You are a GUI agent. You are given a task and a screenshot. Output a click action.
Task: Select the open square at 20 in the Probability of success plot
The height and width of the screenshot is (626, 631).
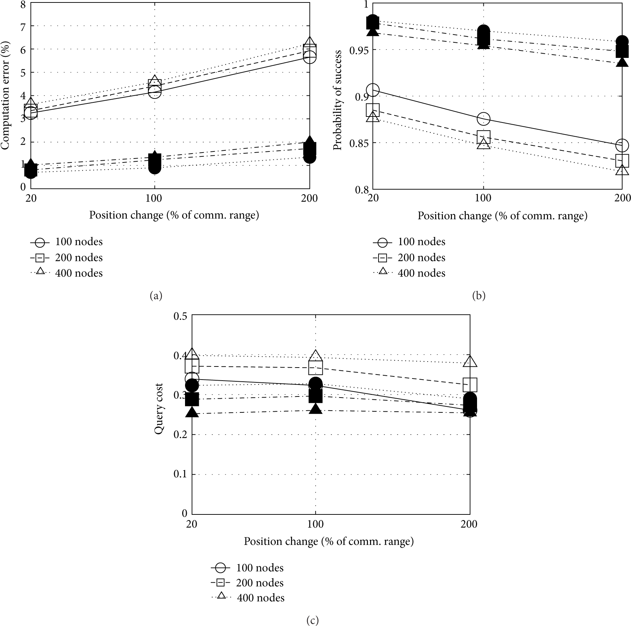pyautogui.click(x=373, y=110)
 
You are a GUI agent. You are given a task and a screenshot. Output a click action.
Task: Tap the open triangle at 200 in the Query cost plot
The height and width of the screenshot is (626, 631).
pyautogui.click(x=470, y=361)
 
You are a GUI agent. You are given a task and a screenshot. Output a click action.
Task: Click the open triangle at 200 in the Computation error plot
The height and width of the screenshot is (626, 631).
pyautogui.click(x=310, y=42)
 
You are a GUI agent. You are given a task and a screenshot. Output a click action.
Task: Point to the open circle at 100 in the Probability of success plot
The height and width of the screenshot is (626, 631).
pyautogui.click(x=483, y=119)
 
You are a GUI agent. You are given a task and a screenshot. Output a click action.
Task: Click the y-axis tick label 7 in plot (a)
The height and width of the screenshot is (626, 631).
pyautogui.click(x=23, y=26)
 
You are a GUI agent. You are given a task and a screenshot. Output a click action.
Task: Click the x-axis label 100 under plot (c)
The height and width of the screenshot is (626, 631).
pyautogui.click(x=315, y=524)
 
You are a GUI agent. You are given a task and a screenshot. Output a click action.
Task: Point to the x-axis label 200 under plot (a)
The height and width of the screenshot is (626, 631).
pyautogui.click(x=309, y=198)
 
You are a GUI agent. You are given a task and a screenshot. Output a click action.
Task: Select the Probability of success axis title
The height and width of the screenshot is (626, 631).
pyautogui.click(x=338, y=100)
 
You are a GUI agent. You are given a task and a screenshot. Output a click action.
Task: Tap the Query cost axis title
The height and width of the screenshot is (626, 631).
pyautogui.click(x=159, y=409)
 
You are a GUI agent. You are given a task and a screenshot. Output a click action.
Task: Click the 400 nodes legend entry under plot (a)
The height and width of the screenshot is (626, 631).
pyautogui.click(x=67, y=273)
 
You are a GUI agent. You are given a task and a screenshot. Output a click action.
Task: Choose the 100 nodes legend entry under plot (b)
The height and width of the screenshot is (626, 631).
pyautogui.click(x=409, y=242)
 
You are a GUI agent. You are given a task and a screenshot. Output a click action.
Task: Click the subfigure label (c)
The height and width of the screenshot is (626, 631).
pyautogui.click(x=312, y=621)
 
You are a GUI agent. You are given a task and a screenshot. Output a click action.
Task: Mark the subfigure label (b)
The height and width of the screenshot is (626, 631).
pyautogui.click(x=478, y=296)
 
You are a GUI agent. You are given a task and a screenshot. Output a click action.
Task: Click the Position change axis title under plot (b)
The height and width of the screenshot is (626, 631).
pyautogui.click(x=502, y=216)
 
